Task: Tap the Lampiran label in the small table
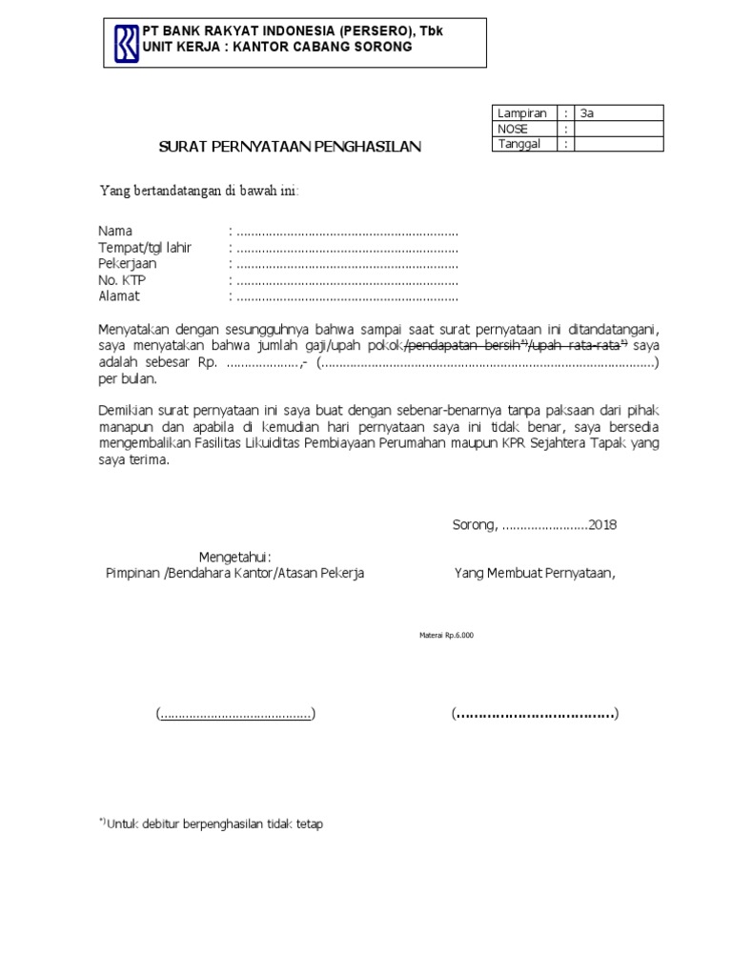pyautogui.click(x=521, y=113)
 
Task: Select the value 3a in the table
pyautogui.click(x=587, y=113)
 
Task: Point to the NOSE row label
pyautogui.click(x=513, y=129)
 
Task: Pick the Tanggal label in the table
pyautogui.click(x=518, y=144)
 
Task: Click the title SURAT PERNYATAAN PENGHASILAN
pyautogui.click(x=289, y=147)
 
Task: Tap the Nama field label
pyautogui.click(x=115, y=232)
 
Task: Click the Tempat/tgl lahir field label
pyautogui.click(x=145, y=248)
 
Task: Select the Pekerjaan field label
pyautogui.click(x=128, y=264)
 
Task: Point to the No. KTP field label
pyautogui.click(x=122, y=280)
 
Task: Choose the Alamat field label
pyautogui.click(x=119, y=296)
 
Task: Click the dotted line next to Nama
pyautogui.click(x=347, y=232)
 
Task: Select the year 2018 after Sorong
pyautogui.click(x=602, y=525)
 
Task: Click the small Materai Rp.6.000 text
pyautogui.click(x=446, y=636)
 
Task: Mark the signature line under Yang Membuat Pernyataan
pyautogui.click(x=535, y=714)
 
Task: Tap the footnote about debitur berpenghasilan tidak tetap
pyautogui.click(x=212, y=824)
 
